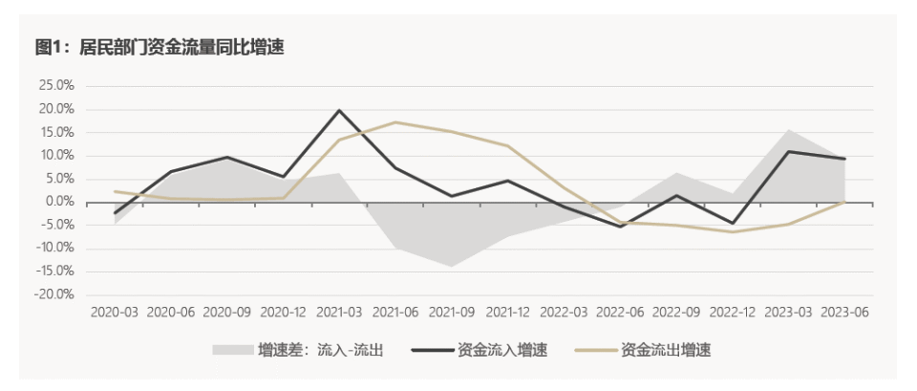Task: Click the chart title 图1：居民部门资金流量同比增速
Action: pyautogui.click(x=160, y=48)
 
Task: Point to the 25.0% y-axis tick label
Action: pyautogui.click(x=56, y=86)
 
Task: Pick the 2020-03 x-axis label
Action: pyautogui.click(x=114, y=312)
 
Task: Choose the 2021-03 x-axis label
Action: pyautogui.click(x=340, y=312)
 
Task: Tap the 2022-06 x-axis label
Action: pyautogui.click(x=620, y=312)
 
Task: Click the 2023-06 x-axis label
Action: pyautogui.click(x=845, y=312)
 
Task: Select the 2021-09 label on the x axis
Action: pyautogui.click(x=452, y=312)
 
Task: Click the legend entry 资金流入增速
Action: pyautogui.click(x=480, y=351)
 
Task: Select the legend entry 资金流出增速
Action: pyautogui.click(x=643, y=351)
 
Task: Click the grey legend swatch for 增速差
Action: pyautogui.click(x=232, y=351)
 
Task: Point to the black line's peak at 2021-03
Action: pyautogui.click(x=339, y=110)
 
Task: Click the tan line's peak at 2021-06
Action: pyautogui.click(x=395, y=122)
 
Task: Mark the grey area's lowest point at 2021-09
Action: pyautogui.click(x=452, y=267)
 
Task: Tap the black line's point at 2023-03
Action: pyautogui.click(x=788, y=152)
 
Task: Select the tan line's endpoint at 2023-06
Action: pyautogui.click(x=844, y=202)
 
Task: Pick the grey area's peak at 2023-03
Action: pyautogui.click(x=788, y=129)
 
